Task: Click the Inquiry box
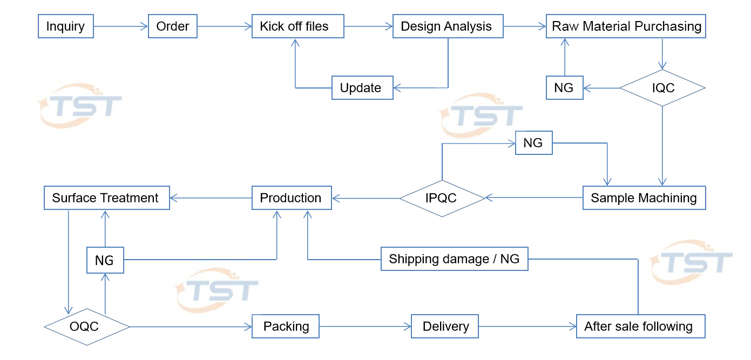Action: tap(66, 26)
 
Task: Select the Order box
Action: tap(173, 26)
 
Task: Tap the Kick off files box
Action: tap(297, 26)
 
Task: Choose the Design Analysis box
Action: tap(448, 26)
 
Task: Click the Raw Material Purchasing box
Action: tap(626, 26)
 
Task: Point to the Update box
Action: tap(362, 88)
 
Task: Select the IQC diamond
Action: tap(662, 88)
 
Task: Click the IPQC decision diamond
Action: tap(442, 199)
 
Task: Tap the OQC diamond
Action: tap(87, 327)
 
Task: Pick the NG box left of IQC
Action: tap(565, 88)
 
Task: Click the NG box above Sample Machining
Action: tap(534, 143)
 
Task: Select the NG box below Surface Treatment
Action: tap(105, 260)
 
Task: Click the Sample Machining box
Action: tap(644, 198)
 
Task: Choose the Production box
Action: tap(292, 198)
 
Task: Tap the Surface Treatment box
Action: tap(107, 198)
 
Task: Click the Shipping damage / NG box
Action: tap(454, 259)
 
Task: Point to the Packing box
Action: tap(286, 326)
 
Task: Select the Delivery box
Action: tap(445, 326)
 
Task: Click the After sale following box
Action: tap(641, 326)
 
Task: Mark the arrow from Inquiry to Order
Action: tap(121, 26)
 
